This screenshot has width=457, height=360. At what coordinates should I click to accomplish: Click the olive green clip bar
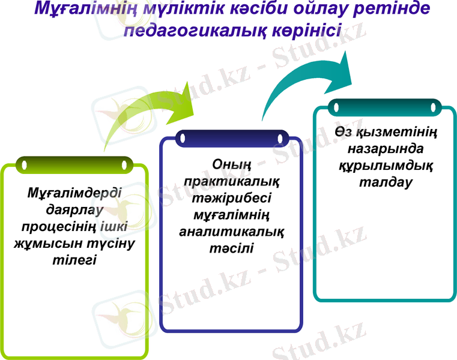click(x=74, y=164)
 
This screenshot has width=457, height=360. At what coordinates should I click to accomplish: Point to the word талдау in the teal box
click(x=385, y=182)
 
